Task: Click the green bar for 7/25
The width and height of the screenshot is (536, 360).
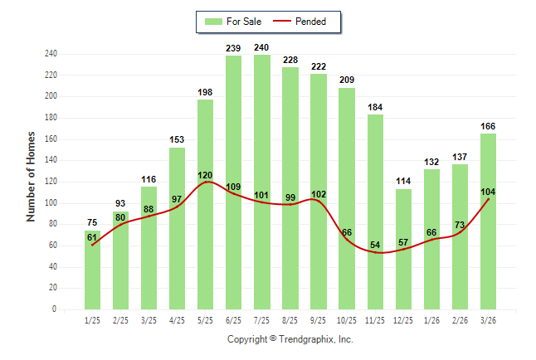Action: coord(262,182)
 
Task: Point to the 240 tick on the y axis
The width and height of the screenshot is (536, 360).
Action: coord(51,54)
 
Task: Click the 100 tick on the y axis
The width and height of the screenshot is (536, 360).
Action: coord(51,203)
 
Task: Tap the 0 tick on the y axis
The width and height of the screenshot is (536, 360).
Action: coord(55,309)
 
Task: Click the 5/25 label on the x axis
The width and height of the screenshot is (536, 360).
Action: coord(206,320)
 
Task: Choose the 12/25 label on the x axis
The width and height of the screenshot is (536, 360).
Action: coord(404,320)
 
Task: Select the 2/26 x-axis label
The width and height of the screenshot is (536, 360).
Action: coord(460,320)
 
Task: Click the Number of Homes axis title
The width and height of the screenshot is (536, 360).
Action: coord(32,177)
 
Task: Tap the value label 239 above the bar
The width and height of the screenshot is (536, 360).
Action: coord(234,49)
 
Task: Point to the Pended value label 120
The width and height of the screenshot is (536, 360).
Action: coord(206,176)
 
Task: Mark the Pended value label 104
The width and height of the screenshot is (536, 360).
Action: coord(489,192)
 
